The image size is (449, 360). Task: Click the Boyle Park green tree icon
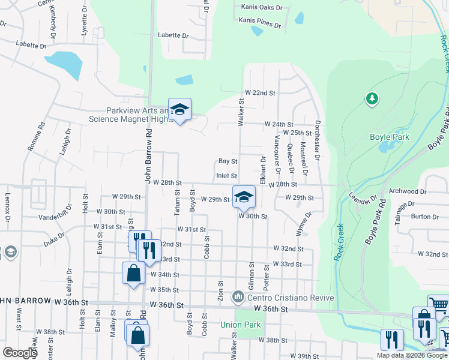(372, 98)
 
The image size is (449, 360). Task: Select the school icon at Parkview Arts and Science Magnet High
(179, 109)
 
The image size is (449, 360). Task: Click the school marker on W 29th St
(244, 197)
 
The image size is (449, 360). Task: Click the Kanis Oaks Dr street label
(261, 7)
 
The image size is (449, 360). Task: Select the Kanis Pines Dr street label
(259, 23)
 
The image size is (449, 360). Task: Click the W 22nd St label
(259, 93)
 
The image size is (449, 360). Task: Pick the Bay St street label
(228, 161)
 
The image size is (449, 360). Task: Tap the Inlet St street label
(226, 175)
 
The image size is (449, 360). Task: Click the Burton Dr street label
(425, 216)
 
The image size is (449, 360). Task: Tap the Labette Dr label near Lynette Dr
(31, 44)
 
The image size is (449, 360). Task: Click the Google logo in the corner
(20, 353)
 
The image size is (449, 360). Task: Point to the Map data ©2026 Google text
(412, 355)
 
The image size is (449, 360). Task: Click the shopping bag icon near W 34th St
(133, 273)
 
